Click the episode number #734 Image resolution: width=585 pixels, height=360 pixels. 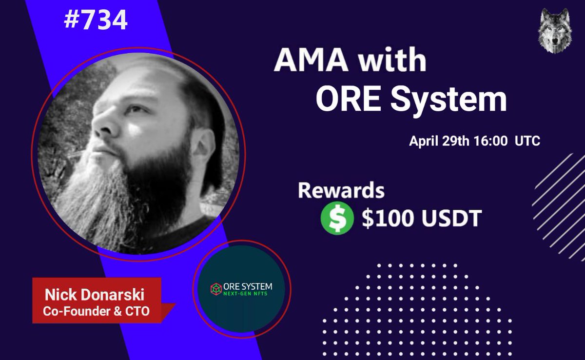pos(96,20)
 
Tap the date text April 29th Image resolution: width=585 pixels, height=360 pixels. pos(436,141)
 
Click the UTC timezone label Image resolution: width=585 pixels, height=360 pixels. pos(526,141)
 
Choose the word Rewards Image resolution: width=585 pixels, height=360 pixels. pos(341,191)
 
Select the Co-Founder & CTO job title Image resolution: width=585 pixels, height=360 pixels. pos(96,312)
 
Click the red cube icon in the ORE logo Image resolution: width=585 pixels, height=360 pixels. pos(214,288)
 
